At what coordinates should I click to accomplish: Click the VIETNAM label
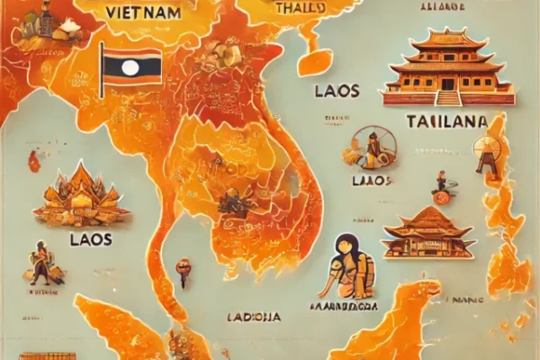(x=142, y=13)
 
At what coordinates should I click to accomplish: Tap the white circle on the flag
(x=131, y=67)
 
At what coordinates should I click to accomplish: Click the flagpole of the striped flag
(x=102, y=69)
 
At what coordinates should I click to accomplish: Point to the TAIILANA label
(x=447, y=121)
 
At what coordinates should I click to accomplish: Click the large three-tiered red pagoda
(x=447, y=67)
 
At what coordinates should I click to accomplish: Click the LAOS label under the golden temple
(x=89, y=239)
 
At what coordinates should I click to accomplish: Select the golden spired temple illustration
(x=80, y=196)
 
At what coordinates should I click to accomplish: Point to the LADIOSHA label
(x=254, y=317)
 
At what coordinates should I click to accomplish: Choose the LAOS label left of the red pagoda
(x=337, y=91)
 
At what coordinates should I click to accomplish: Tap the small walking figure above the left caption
(x=40, y=261)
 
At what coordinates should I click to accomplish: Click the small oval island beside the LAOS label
(x=315, y=61)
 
